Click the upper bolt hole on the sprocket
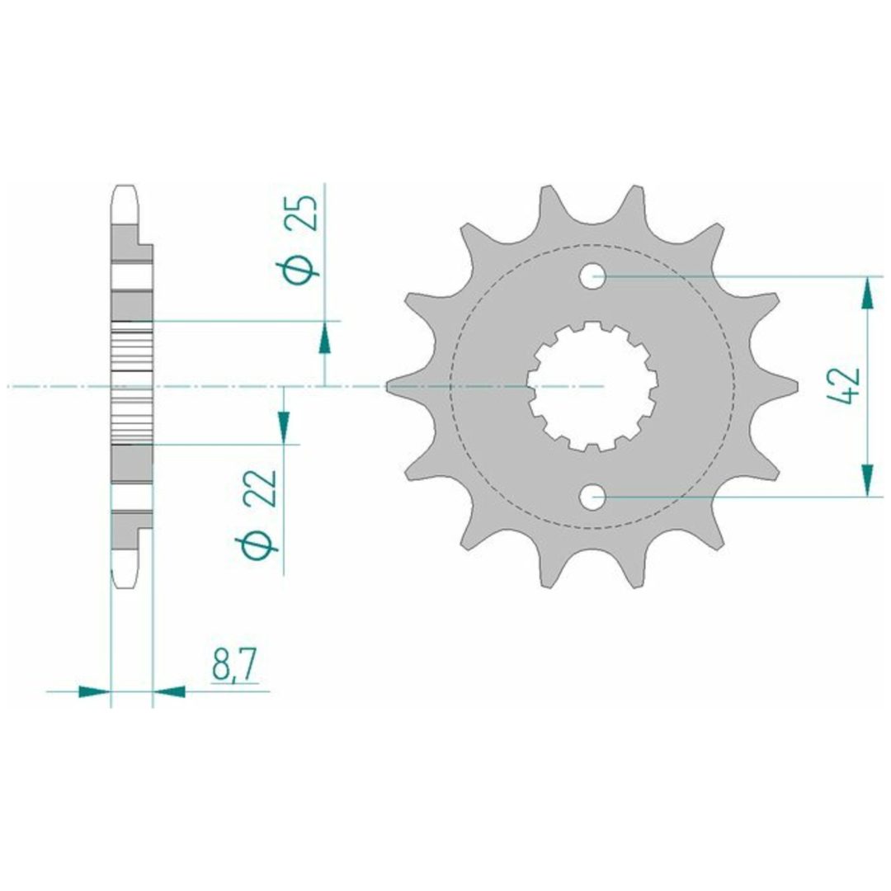tap(592, 276)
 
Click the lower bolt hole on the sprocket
tap(592, 497)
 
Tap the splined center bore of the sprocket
tap(592, 386)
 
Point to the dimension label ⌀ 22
tap(258, 513)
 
